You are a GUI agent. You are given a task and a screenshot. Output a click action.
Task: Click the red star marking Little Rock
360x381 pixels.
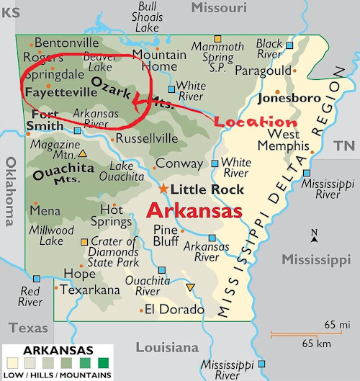coord(163,189)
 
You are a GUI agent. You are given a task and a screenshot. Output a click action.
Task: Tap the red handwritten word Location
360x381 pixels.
coord(256,122)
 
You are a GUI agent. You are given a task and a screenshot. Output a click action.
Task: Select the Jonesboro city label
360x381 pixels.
coord(288,97)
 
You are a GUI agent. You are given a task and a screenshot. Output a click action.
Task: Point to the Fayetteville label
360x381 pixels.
coord(60,92)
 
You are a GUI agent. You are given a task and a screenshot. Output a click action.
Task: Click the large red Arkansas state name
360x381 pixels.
coord(194,211)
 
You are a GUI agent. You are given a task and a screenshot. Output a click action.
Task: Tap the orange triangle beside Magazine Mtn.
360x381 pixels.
coord(84,153)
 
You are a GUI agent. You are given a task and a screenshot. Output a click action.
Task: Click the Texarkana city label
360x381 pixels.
coord(91,290)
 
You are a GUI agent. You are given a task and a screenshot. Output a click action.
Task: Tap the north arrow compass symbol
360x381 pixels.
coord(314,236)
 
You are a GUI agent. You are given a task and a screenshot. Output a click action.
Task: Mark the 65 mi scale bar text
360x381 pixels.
coord(333,325)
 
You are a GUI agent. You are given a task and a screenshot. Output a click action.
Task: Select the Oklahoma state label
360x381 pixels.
coord(9,191)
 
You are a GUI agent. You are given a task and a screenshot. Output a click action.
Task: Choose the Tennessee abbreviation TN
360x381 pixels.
coord(343,146)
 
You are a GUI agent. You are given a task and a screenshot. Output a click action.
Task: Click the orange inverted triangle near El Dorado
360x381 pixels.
coord(190,288)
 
